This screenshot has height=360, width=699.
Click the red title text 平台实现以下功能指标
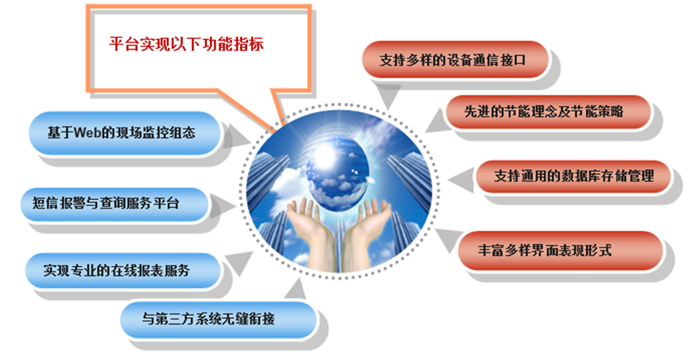click(x=186, y=44)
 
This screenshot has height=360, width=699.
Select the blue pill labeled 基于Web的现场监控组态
click(x=125, y=133)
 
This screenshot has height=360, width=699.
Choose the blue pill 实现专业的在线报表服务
click(x=123, y=270)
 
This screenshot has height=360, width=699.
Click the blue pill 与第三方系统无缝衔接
click(x=218, y=319)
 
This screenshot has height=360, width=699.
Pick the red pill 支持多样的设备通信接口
click(x=455, y=59)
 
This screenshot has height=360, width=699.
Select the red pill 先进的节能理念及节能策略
click(x=548, y=111)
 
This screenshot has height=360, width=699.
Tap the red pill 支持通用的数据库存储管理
click(x=573, y=176)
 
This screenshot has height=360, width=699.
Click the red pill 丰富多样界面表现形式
click(x=560, y=250)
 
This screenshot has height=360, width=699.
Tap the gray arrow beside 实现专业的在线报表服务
click(x=239, y=262)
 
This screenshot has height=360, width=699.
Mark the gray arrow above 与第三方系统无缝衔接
click(x=296, y=289)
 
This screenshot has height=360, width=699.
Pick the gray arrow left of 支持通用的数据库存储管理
click(x=461, y=180)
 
